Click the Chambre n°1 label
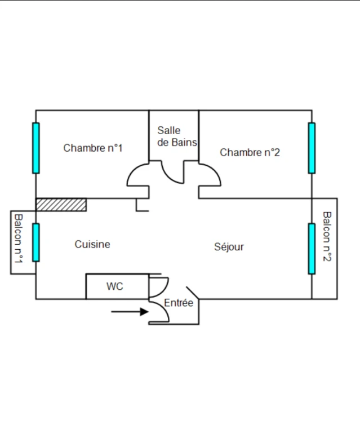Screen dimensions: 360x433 pyautogui.click(x=93, y=148)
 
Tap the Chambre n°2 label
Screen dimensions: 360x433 pyautogui.click(x=250, y=152)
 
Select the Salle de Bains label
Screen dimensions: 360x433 pyautogui.click(x=177, y=136)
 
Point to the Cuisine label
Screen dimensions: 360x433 pyautogui.click(x=92, y=244)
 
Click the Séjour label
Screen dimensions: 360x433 pyautogui.click(x=229, y=247)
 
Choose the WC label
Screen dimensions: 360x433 pyautogui.click(x=115, y=286)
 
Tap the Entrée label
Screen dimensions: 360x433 pyautogui.click(x=179, y=303)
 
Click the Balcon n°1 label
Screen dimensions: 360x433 pyautogui.click(x=18, y=238)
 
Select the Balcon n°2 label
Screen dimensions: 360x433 pyautogui.click(x=327, y=236)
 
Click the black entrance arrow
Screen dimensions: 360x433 pyautogui.click(x=130, y=312)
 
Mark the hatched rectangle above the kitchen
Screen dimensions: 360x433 pyautogui.click(x=61, y=205)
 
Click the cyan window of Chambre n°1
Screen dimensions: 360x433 pyautogui.click(x=36, y=148)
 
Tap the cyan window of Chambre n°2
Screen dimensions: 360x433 pyautogui.click(x=312, y=148)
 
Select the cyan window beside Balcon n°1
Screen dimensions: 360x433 pyautogui.click(x=36, y=242)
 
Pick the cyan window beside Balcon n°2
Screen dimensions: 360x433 pyautogui.click(x=312, y=249)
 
